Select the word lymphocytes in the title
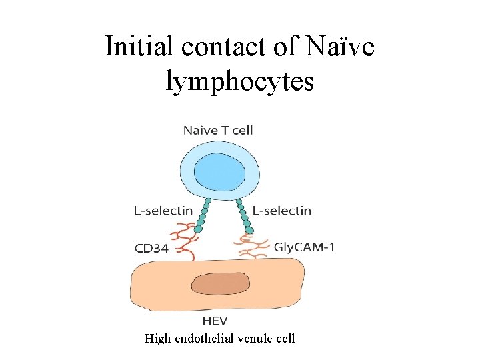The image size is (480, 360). pos(239,81)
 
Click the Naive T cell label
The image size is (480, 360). pos(218,130)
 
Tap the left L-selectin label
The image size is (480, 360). pos(163,211)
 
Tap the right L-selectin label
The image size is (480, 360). pos(282,211)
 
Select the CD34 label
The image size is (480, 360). pos(153,249)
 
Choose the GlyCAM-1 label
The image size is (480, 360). pos(305,247)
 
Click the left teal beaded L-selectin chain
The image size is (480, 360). pos(202,214)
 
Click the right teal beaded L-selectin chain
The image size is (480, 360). pos(244,215)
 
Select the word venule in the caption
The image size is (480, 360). pos(257,339)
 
